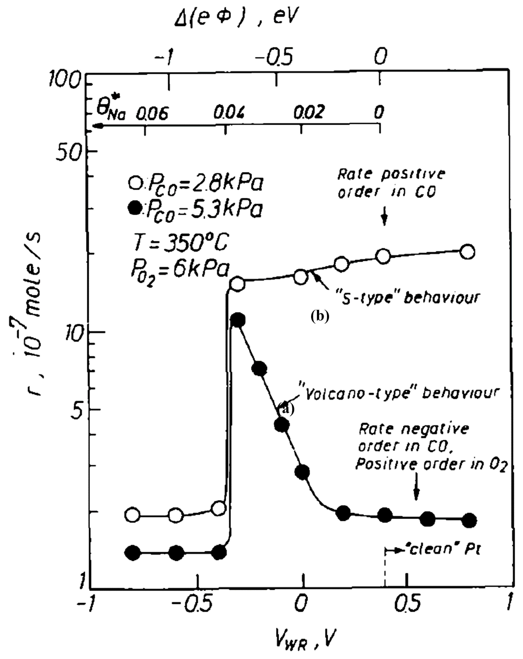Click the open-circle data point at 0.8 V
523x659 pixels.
point(467,252)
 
